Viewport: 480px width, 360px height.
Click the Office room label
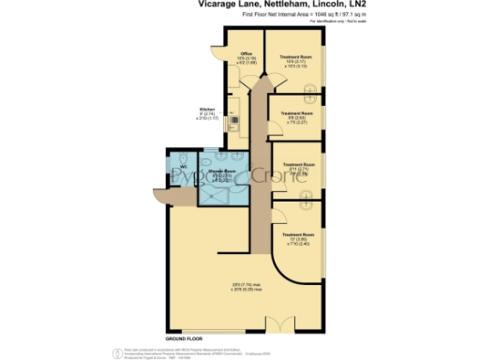(247, 54)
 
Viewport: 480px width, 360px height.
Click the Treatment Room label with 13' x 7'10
(297, 235)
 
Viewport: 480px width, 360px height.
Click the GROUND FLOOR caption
(186, 336)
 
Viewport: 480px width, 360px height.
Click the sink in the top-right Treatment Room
(308, 89)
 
